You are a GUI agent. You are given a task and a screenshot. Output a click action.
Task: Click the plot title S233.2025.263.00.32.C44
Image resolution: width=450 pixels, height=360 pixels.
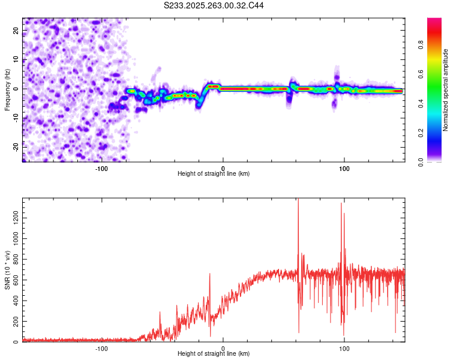[x=214, y=5]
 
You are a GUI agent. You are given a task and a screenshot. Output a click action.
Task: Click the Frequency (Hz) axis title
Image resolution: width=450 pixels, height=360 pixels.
[x=7, y=89]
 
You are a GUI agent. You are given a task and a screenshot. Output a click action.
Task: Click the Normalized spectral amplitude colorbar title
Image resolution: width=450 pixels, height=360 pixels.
[x=446, y=90]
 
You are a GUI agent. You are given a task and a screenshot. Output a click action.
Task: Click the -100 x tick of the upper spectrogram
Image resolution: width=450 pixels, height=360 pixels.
[x=101, y=169]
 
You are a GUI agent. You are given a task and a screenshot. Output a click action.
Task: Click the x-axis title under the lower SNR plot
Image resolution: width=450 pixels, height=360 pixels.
[x=214, y=354]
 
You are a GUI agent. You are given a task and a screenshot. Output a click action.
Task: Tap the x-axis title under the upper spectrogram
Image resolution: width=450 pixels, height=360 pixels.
[x=214, y=174]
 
